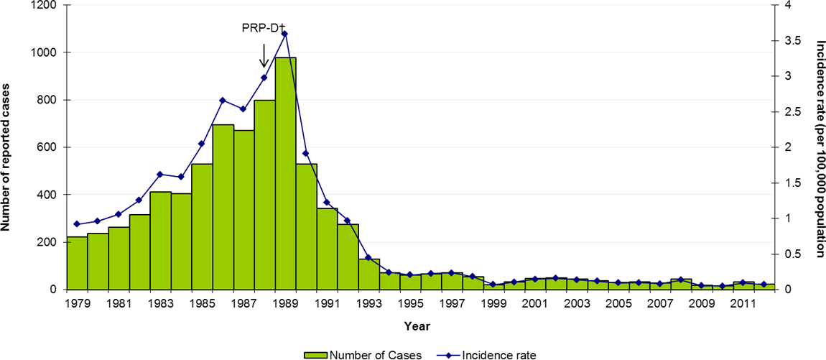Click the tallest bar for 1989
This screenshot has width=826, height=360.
[x=285, y=173]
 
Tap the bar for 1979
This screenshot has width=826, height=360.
[x=76, y=263]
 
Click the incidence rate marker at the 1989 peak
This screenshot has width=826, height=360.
[x=285, y=34]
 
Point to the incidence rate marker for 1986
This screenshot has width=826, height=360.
[x=223, y=100]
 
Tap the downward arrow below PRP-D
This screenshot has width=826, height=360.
[x=264, y=55]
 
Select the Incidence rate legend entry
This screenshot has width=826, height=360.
[x=488, y=354]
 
